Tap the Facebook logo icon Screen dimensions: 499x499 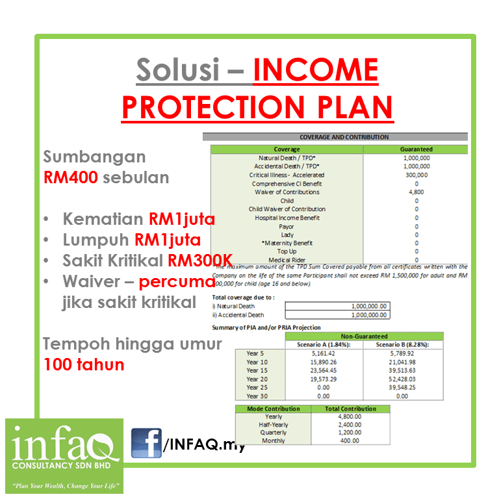pos(146,443)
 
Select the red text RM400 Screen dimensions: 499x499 pos(71,177)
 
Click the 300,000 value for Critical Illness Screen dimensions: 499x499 pos(416,175)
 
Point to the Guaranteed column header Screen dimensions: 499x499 pos(416,149)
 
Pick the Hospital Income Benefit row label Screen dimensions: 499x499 pos(287,218)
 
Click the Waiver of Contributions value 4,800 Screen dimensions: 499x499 pos(416,192)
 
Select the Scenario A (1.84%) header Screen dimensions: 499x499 pos(324,344)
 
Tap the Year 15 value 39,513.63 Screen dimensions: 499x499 pos(402,370)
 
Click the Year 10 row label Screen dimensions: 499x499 pos(257,362)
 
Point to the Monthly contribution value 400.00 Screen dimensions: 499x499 pos(350,441)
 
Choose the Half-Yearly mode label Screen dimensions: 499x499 pos(274,425)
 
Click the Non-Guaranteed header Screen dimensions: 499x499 pos(364,337)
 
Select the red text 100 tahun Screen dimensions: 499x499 pos(84,365)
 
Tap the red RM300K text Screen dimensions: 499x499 pos(200,261)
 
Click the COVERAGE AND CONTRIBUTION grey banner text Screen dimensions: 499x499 pos(344,137)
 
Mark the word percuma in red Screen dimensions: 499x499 pos(177,282)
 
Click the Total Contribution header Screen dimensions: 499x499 pos(350,409)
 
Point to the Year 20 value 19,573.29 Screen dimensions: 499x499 pos(324,379)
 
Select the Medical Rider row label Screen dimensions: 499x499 pos(287,260)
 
